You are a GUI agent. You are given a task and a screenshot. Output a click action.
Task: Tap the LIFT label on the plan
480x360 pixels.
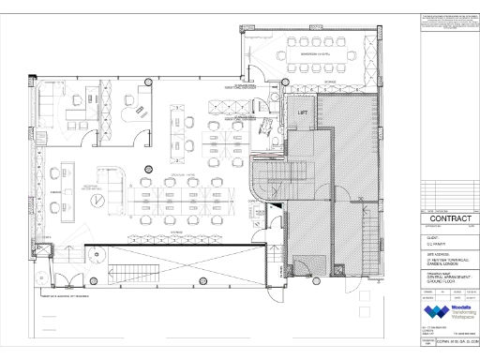click(x=303, y=112)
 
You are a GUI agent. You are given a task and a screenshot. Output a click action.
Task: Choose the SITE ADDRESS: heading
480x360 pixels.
click(x=431, y=251)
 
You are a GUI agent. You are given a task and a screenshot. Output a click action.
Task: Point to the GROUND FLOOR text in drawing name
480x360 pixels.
click(x=435, y=281)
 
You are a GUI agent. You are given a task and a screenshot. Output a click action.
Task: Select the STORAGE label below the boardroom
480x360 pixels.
click(x=328, y=82)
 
